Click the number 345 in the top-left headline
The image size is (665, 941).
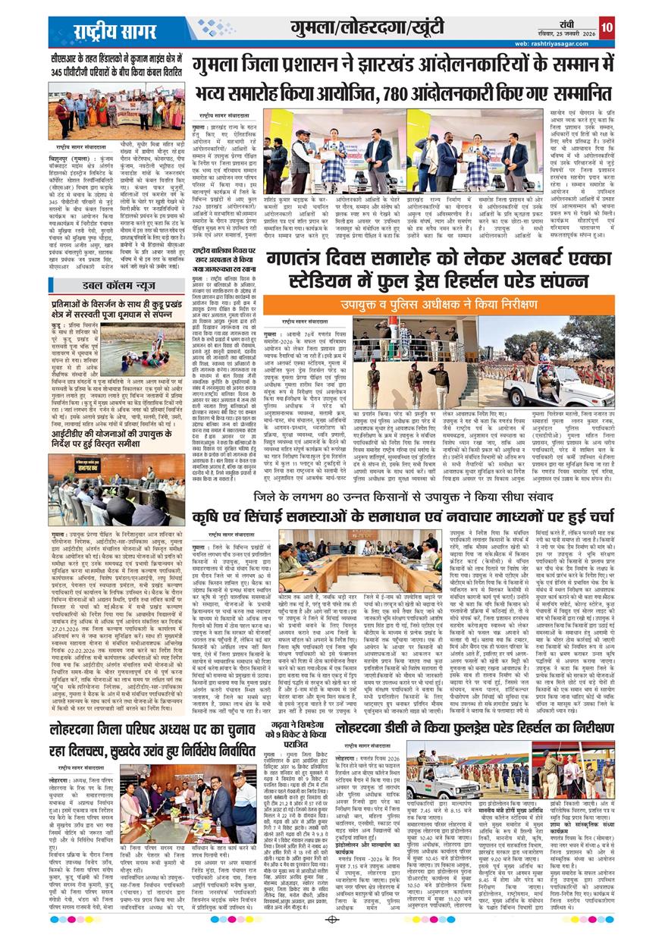pyautogui.click(x=62, y=71)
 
